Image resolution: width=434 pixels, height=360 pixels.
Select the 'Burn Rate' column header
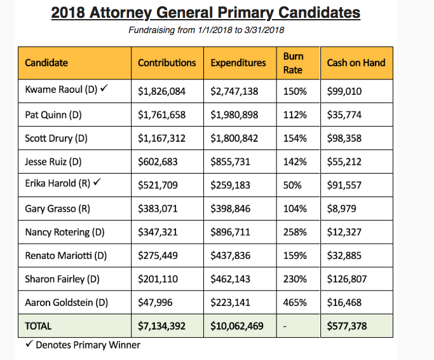[x=293, y=62]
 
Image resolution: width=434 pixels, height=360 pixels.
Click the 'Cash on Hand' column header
[x=356, y=63]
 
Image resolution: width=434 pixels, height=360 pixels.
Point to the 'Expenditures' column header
[x=238, y=63]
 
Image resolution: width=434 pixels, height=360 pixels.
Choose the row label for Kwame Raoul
[x=61, y=90]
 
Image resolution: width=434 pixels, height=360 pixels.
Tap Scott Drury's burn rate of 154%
[x=295, y=138]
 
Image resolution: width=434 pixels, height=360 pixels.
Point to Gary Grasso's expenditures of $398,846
[x=234, y=209]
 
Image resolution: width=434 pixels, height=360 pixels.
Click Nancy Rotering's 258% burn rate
[x=295, y=232]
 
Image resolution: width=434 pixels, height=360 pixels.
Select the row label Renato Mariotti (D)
[x=65, y=256]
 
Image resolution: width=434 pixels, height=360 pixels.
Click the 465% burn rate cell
[x=295, y=303]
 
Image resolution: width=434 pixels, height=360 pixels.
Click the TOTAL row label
[x=38, y=326]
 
